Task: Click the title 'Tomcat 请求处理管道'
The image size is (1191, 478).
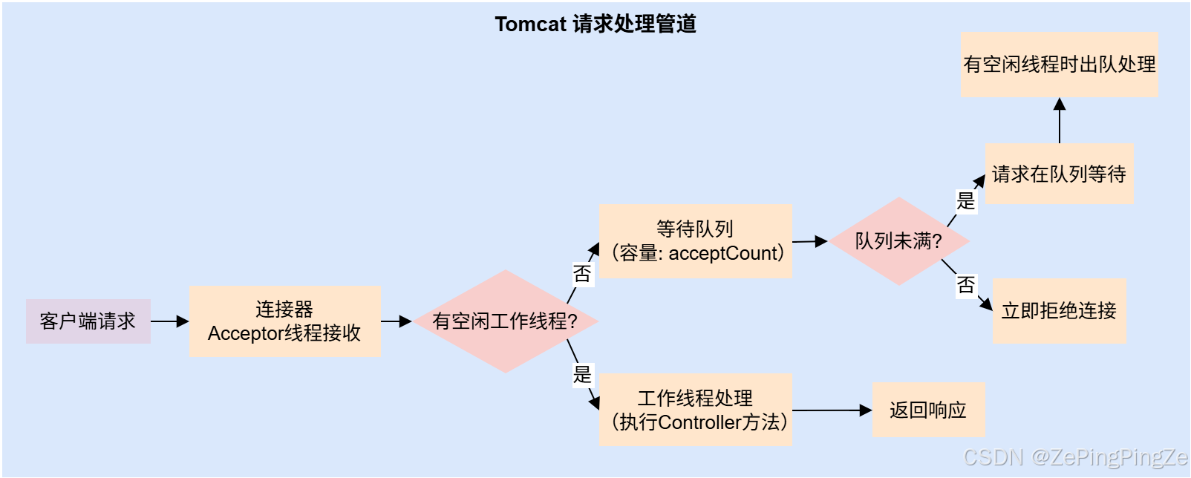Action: tap(595, 24)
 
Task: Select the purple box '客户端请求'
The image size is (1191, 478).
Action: tap(88, 321)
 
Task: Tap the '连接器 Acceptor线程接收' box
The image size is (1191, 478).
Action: tap(285, 321)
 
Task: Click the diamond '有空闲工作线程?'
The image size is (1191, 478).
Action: tap(505, 321)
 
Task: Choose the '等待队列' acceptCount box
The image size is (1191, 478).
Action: tap(696, 241)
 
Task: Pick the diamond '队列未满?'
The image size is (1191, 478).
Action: tap(898, 241)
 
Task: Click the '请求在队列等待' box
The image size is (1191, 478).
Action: tap(1059, 174)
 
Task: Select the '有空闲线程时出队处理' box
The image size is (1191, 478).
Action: tap(1059, 65)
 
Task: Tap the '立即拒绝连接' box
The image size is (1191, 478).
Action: tap(1059, 311)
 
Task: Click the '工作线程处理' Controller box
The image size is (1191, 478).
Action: tap(696, 410)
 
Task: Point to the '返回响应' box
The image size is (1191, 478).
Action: tap(928, 410)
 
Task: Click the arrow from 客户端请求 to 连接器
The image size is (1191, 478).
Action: tap(170, 321)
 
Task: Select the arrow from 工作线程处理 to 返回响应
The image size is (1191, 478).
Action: tap(832, 410)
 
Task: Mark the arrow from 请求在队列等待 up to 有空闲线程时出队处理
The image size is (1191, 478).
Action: tap(1060, 121)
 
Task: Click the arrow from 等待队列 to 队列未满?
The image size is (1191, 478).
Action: tap(810, 241)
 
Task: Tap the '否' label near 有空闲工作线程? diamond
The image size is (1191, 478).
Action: tap(582, 274)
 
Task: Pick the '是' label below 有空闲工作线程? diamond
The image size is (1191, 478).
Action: tap(582, 374)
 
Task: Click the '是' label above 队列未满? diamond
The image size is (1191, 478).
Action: tap(965, 200)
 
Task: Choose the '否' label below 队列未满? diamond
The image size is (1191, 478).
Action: tap(965, 285)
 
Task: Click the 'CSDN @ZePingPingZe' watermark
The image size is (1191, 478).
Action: tap(1074, 457)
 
